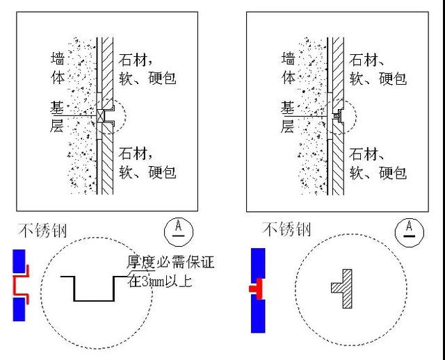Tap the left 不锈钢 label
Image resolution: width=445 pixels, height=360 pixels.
pos(43,231)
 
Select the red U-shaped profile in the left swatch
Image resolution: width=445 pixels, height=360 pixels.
pos(21,285)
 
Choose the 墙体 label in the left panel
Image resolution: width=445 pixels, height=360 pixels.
pos(59,68)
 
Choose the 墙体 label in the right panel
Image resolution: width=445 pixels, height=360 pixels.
pos(289,68)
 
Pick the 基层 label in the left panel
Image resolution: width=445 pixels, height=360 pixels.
pos(59,117)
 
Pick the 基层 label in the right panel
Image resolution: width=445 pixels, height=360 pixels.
pos(289,117)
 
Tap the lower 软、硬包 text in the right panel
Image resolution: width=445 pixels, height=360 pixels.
pos(378,172)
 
